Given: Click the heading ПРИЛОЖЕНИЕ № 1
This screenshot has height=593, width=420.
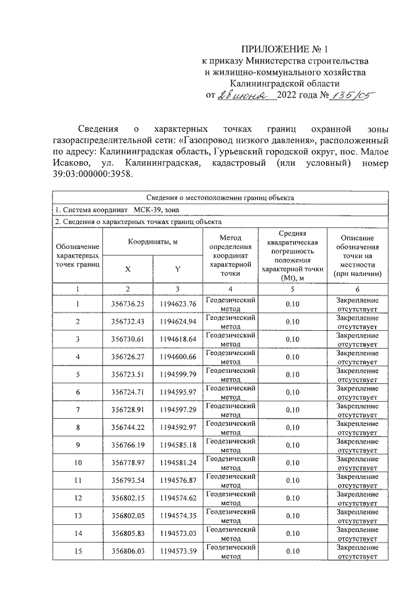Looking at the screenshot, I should pos(283,50).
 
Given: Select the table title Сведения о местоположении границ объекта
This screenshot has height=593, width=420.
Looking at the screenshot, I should pos(219,197).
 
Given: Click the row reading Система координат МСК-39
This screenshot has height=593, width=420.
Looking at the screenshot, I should pos(115,210).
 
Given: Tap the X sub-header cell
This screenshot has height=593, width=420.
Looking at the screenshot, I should pos(127,269).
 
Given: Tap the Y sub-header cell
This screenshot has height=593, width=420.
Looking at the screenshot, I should pos(177,269).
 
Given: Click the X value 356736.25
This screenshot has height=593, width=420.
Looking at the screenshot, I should pos(127,304).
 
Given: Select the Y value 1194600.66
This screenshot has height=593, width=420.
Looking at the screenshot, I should pos(177,356).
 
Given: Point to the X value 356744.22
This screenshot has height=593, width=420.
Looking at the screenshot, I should pos(127,427).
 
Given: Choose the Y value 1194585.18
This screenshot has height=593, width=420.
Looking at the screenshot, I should pos(177,445).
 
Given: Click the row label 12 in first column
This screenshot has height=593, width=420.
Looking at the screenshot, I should pos(77,498).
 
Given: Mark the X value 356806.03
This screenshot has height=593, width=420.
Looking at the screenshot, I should pos(127,551).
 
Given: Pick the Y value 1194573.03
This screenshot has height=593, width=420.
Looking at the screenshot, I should pos(177,533).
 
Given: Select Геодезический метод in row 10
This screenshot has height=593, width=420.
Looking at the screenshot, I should pos(230,463).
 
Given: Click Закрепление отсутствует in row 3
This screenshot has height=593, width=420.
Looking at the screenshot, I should pos(358,339).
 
